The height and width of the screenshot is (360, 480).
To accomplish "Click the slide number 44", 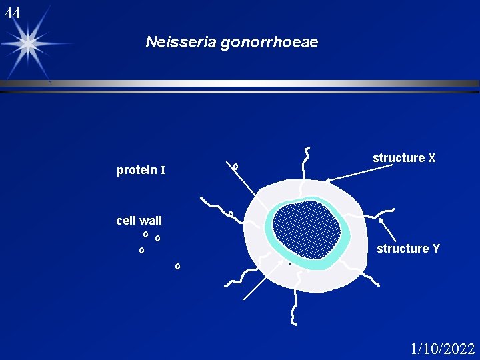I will point(12,13).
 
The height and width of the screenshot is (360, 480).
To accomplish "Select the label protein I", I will point(141,171).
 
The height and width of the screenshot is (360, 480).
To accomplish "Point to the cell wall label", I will point(139,221).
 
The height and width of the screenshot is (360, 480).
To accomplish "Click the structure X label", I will point(404,158).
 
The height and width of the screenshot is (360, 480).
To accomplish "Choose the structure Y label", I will point(408,249).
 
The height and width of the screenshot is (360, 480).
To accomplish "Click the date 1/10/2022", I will point(443,349).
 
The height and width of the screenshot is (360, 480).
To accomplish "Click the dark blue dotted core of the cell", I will point(307,230).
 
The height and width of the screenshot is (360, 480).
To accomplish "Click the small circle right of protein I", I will point(236,166).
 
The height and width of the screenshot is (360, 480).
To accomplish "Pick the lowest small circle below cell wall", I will point(177,267).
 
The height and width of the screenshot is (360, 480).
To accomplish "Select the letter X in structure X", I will point(431,158).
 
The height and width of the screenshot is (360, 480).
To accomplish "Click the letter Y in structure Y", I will point(436,249).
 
